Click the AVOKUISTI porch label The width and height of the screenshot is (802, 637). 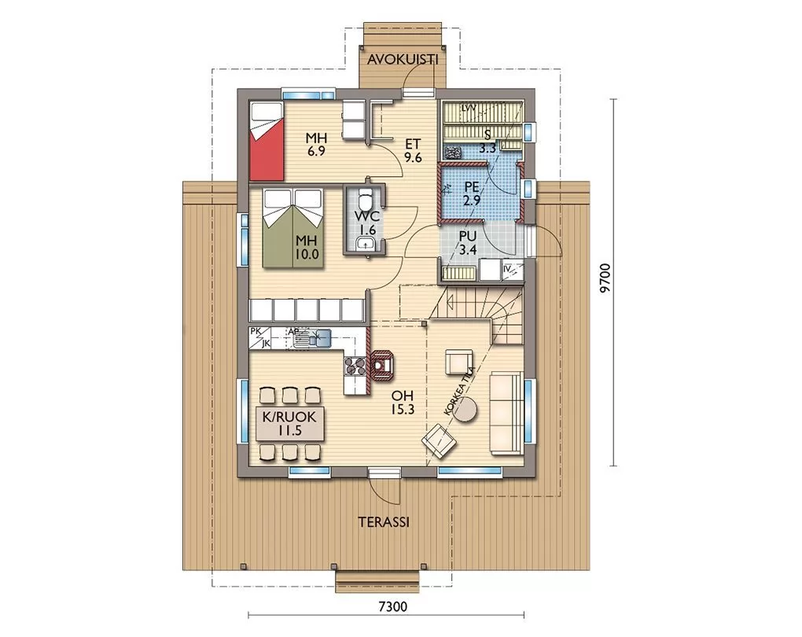(x=403, y=59)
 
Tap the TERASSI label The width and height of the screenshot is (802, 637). (x=384, y=522)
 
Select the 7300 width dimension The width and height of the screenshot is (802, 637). (x=393, y=606)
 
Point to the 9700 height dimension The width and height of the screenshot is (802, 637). (x=605, y=278)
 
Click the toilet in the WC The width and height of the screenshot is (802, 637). (x=365, y=199)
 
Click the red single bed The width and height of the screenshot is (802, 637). (x=267, y=142)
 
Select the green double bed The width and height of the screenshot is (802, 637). (x=293, y=228)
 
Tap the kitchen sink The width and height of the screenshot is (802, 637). (x=312, y=337)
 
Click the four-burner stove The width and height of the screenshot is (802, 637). (x=355, y=366)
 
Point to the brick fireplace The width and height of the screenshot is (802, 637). (x=381, y=366)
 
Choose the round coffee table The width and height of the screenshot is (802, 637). (x=465, y=411)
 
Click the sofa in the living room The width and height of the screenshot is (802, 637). (x=506, y=414)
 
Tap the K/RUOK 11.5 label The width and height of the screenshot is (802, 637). (x=289, y=424)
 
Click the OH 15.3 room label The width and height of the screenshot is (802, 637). (x=403, y=403)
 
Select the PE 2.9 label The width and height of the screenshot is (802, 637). (x=472, y=193)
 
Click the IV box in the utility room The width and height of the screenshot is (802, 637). (x=513, y=271)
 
